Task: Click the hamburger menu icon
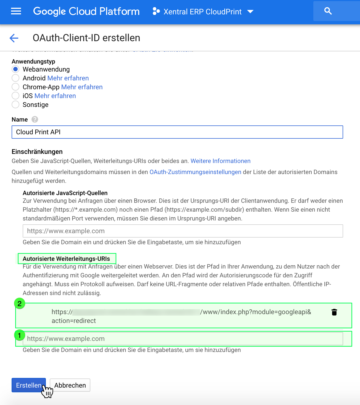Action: pos(16,11)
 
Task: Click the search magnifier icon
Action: pos(328,11)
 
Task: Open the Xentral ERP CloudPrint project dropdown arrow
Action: pos(250,12)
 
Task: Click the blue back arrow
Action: pos(14,38)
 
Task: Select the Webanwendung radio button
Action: pos(15,69)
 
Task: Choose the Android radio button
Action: pos(15,78)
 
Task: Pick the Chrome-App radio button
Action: pos(15,87)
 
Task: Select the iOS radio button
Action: pos(15,96)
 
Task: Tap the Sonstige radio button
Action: pos(15,104)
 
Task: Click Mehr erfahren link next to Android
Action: pos(68,78)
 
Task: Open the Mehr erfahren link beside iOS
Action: pos(55,96)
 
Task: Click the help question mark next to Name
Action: pos(35,119)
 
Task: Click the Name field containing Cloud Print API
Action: pos(177,132)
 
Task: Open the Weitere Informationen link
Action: pos(220,161)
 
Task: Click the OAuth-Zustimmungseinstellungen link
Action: pos(195,172)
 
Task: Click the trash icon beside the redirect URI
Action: pos(334,312)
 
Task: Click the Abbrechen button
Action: pos(70,385)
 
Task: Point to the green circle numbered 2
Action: pos(20,304)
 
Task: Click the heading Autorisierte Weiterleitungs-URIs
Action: pos(66,259)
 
